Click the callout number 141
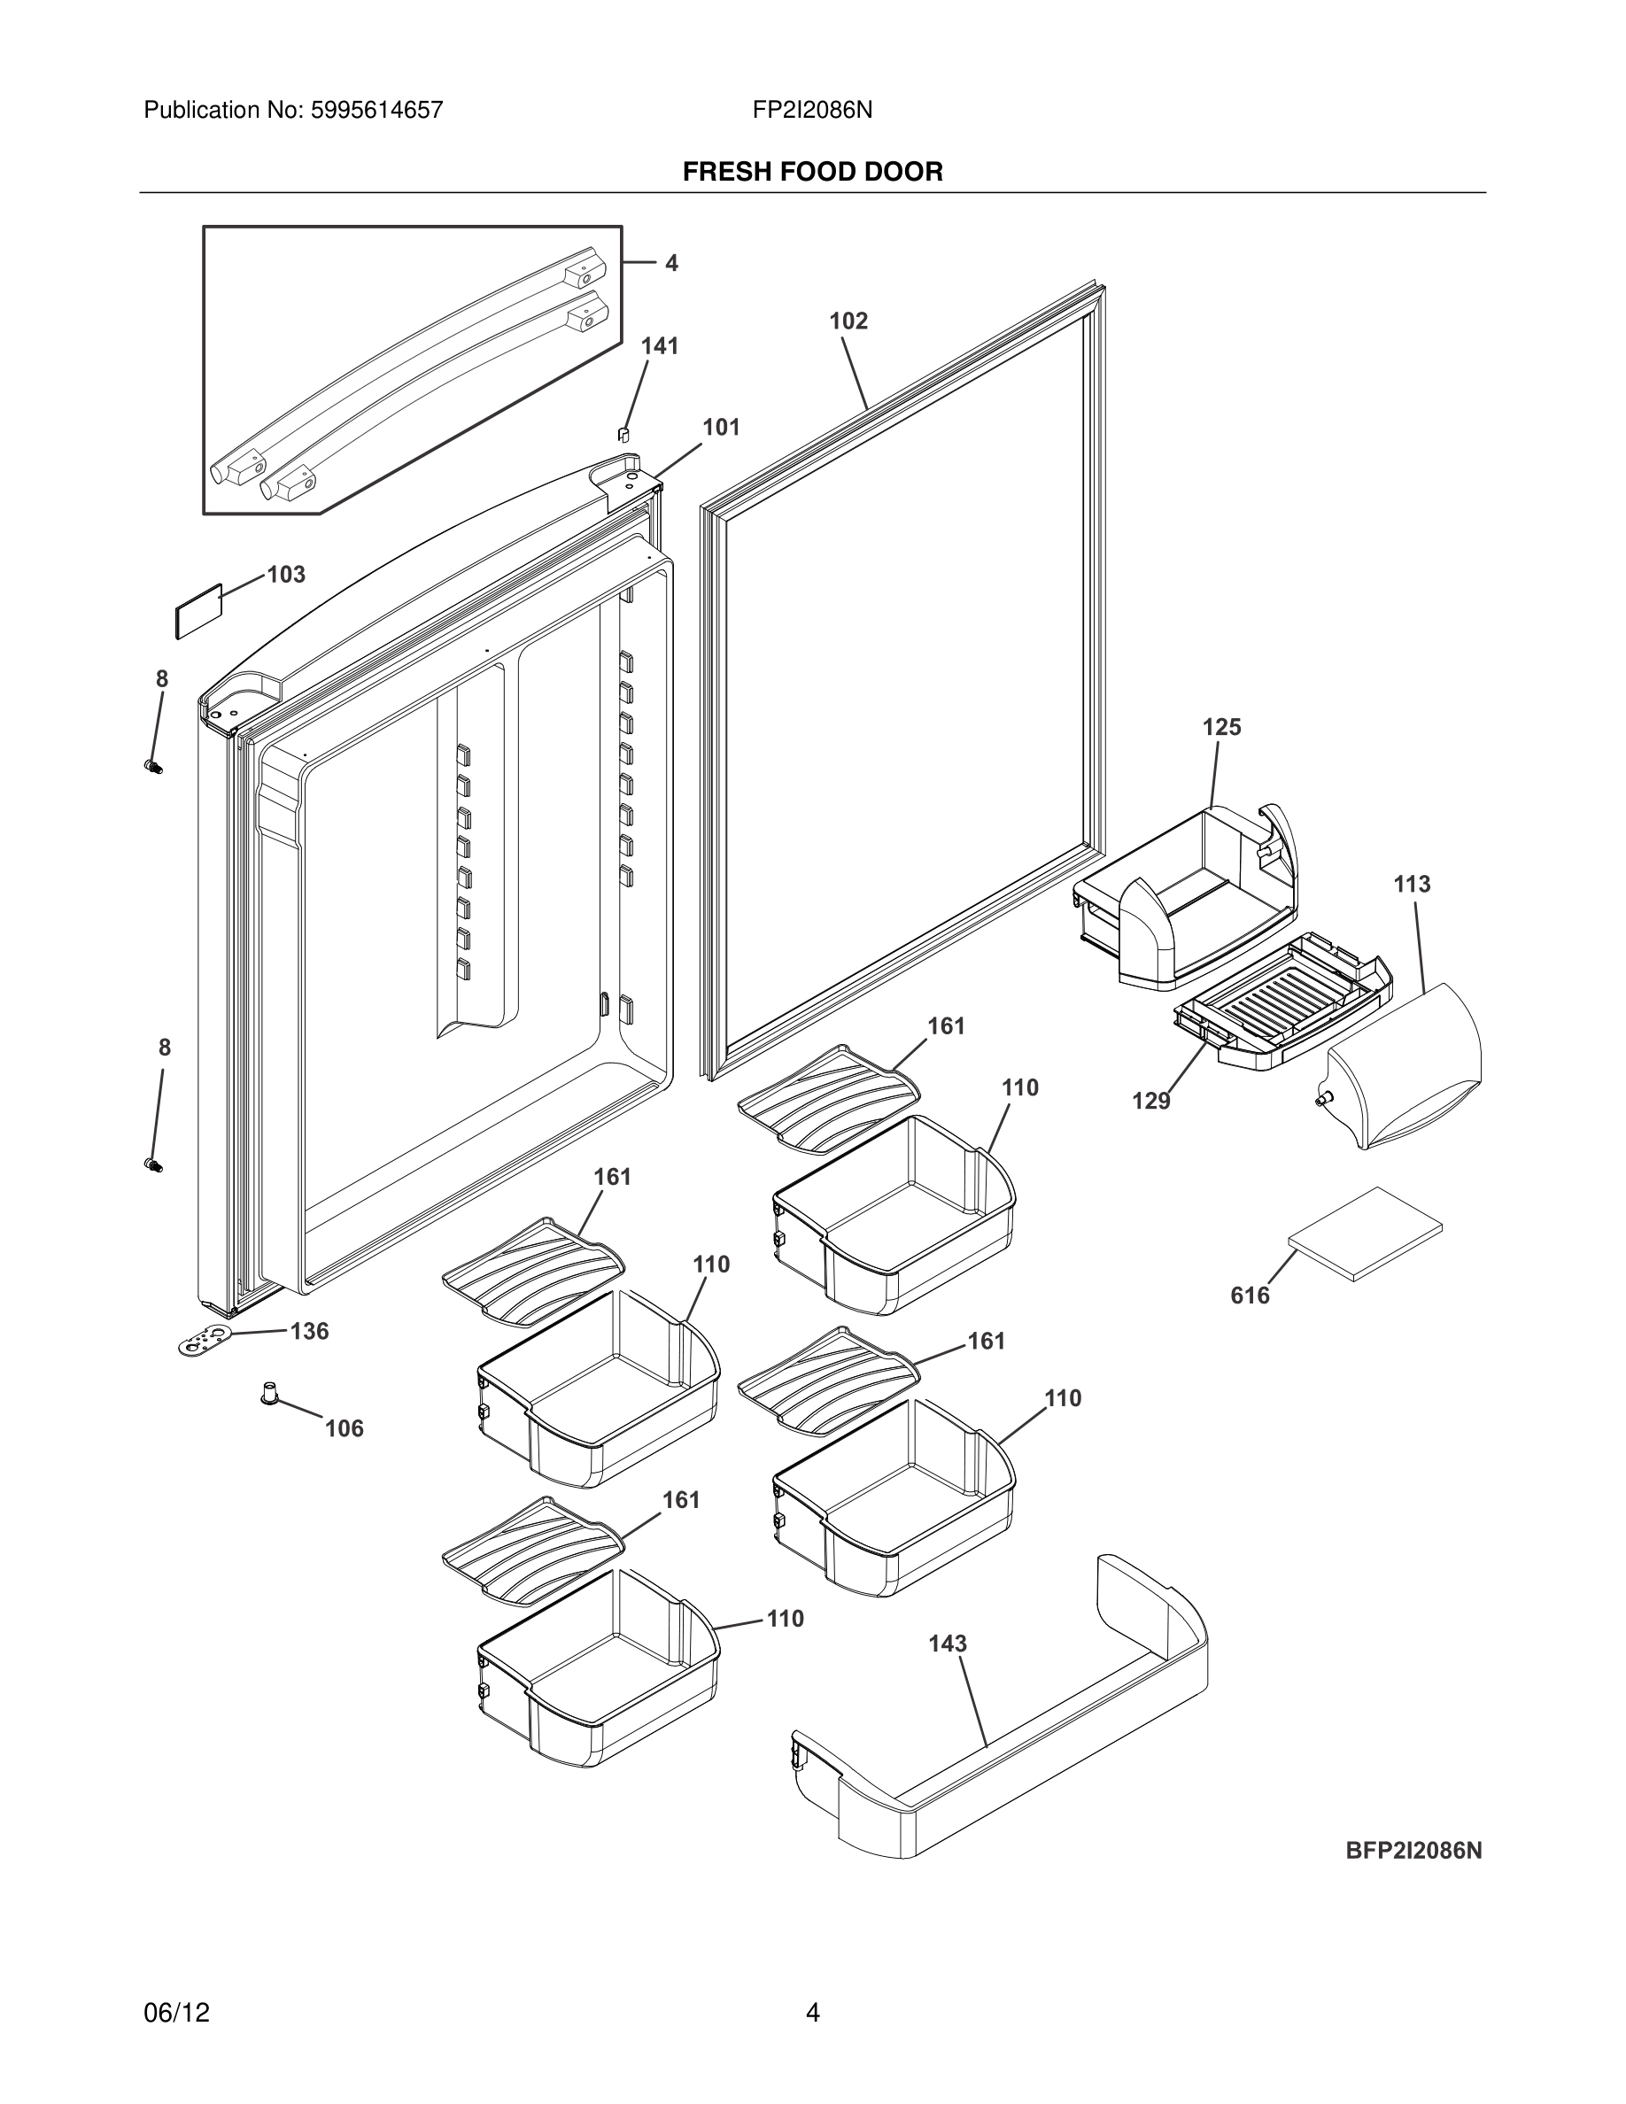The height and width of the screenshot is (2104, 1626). (x=660, y=347)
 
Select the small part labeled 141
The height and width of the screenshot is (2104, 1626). (x=623, y=434)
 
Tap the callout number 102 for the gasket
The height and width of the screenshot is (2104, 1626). (x=848, y=321)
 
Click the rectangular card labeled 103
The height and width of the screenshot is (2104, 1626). (x=198, y=611)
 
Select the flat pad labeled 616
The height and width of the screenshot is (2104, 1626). (x=1366, y=1234)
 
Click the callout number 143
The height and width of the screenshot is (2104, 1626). (x=947, y=1644)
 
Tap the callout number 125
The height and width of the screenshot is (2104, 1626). (x=1221, y=727)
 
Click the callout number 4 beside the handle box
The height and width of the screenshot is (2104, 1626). (x=671, y=263)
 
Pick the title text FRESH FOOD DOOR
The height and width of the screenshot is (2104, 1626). (x=812, y=173)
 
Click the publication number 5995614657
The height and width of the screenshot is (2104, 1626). (x=376, y=111)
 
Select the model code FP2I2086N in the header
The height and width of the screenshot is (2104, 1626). (x=812, y=111)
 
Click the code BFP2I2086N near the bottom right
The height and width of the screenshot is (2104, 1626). (x=1413, y=1851)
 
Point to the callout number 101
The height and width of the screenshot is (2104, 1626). (x=721, y=428)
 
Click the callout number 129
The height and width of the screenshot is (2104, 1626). (x=1150, y=1101)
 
